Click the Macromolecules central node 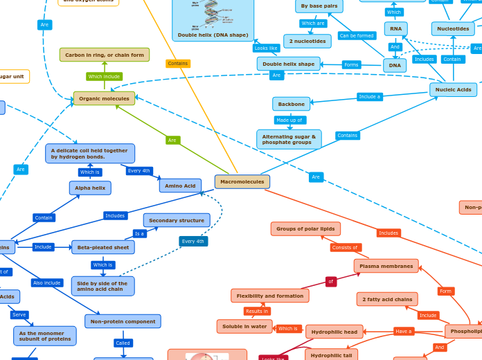click(x=242, y=181)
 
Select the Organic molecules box click(x=104, y=98)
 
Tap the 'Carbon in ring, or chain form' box click(x=105, y=55)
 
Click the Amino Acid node click(x=180, y=186)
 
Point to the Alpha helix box click(x=90, y=188)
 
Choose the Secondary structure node click(x=177, y=220)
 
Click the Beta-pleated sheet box click(x=102, y=247)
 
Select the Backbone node click(x=291, y=104)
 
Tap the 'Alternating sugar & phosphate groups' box click(x=289, y=139)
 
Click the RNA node click(x=395, y=28)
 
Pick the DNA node click(x=395, y=65)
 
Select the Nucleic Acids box click(x=454, y=89)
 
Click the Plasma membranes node click(x=386, y=266)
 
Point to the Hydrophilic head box click(x=334, y=332)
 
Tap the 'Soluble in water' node click(x=244, y=326)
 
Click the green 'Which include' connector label click(x=105, y=76)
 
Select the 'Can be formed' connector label click(x=357, y=35)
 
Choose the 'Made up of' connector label click(x=289, y=120)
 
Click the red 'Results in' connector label click(x=257, y=311)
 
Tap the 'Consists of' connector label click(x=344, y=247)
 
